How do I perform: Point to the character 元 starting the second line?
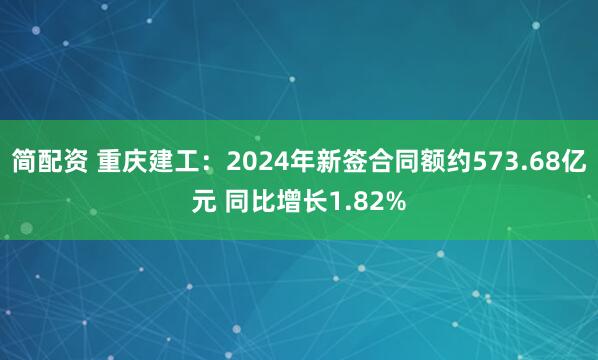[x=204, y=203]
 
